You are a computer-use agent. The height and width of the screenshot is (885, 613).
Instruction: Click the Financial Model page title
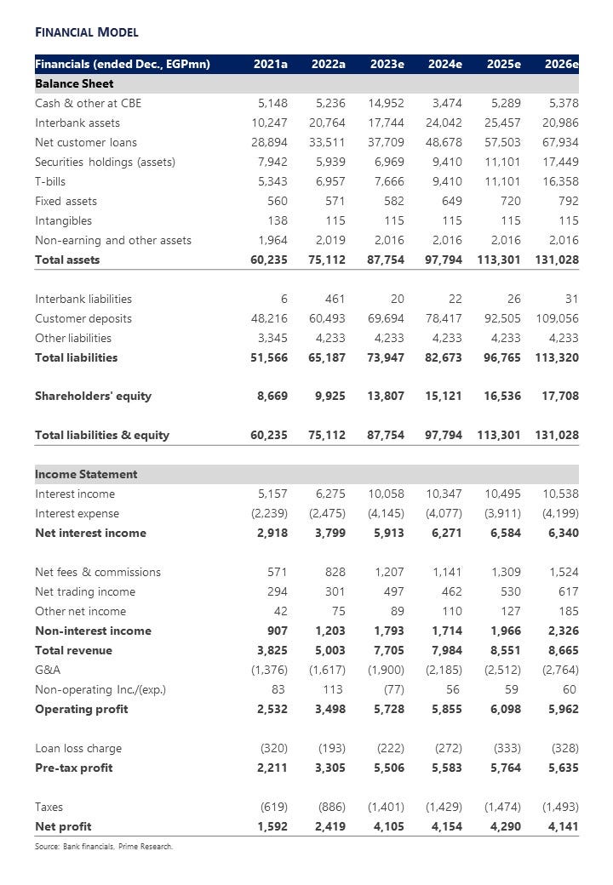[x=86, y=32]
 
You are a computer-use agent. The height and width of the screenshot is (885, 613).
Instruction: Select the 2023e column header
[x=387, y=64]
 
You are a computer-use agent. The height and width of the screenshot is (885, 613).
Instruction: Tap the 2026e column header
[x=562, y=64]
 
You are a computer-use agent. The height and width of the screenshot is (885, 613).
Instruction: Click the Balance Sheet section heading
[x=74, y=83]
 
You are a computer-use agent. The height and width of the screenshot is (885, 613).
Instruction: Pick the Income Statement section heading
[x=86, y=474]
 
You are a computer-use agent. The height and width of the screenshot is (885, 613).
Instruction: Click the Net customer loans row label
[x=85, y=142]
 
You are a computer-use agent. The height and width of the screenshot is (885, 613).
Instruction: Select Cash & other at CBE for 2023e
[x=387, y=103]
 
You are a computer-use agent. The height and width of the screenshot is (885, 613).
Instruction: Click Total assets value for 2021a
[x=269, y=260]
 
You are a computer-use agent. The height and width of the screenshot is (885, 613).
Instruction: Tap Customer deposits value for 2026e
[x=558, y=318]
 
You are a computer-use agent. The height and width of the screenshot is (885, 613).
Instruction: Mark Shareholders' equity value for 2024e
[x=443, y=396]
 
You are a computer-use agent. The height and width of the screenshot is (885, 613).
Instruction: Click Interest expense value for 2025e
[x=502, y=513]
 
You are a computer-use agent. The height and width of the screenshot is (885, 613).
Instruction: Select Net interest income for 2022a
[x=329, y=533]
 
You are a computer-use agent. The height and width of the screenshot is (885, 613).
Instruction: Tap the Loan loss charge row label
[x=78, y=748]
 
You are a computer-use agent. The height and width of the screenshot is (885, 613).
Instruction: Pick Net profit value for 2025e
[x=502, y=826]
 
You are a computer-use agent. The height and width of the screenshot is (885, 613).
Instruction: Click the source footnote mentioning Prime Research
[x=104, y=846]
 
